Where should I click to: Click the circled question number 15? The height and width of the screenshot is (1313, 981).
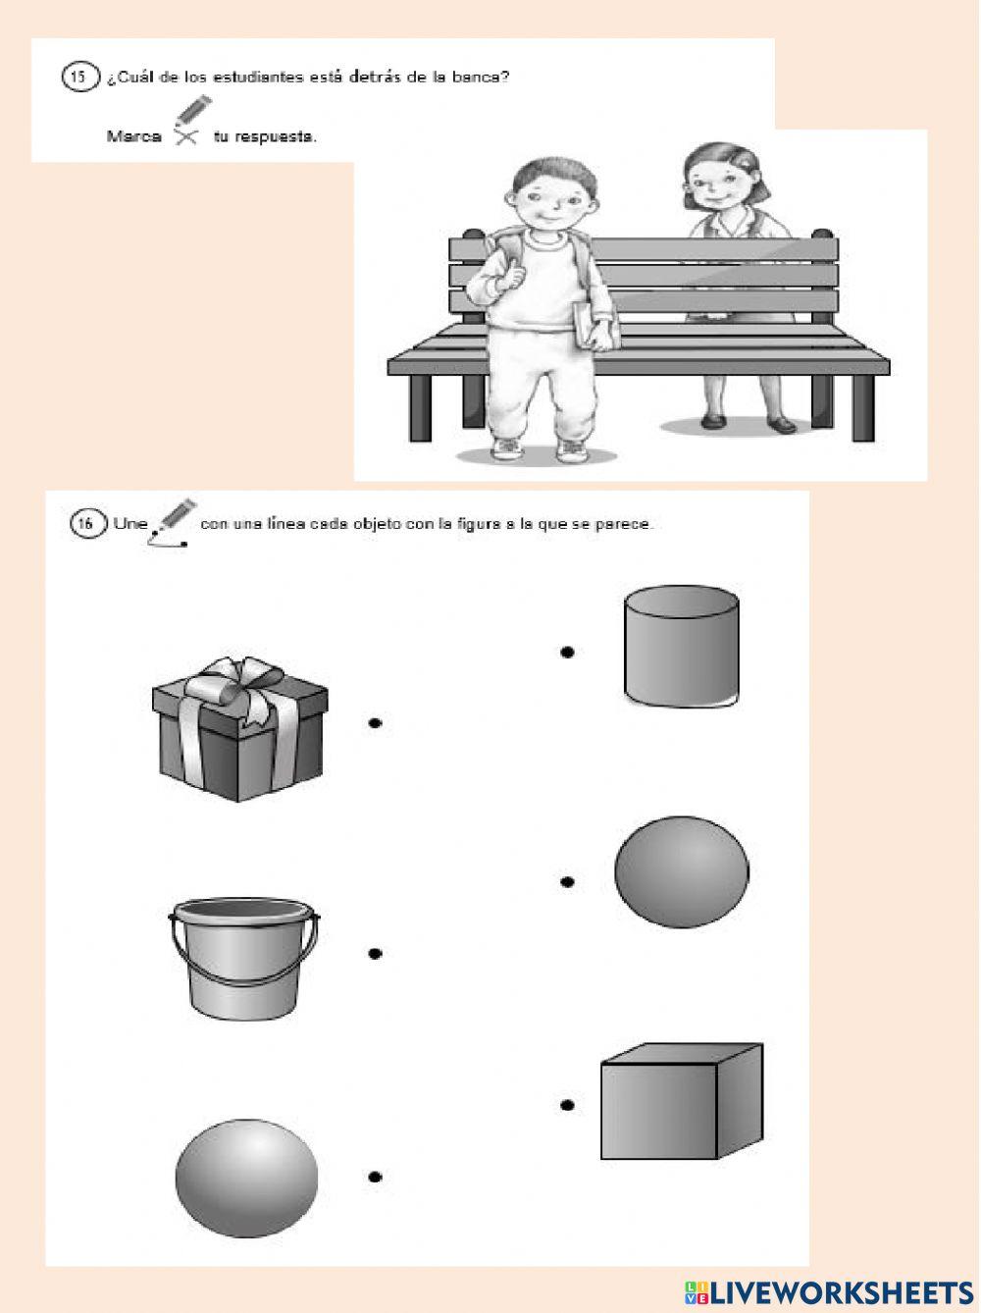pos(79,78)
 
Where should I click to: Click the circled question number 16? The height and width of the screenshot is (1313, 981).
pos(88,523)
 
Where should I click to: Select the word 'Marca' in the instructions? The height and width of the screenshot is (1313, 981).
pos(134,136)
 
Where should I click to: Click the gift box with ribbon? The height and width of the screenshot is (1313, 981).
pos(239,729)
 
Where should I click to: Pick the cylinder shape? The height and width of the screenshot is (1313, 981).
pos(682,646)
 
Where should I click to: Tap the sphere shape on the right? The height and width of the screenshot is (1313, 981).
pos(682,872)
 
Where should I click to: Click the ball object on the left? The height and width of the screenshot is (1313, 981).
pos(246,1178)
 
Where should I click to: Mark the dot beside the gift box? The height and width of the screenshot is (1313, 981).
pos(375,723)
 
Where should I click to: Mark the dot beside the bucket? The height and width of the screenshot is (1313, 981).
pos(375,954)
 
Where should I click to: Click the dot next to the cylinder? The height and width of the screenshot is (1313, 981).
pos(567,652)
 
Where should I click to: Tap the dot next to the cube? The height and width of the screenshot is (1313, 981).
pos(567,1105)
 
